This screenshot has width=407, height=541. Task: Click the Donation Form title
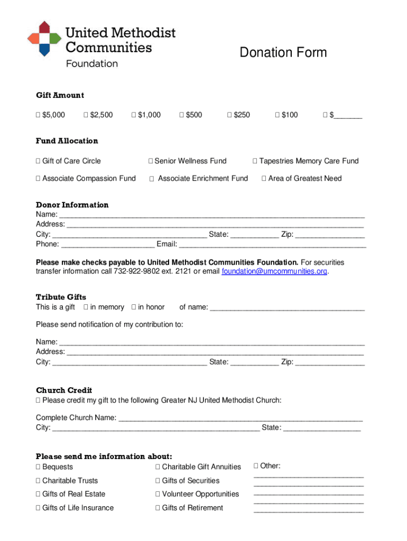tap(283, 52)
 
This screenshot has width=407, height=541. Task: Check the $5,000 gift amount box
tap(38, 115)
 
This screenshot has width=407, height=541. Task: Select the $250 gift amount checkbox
tap(229, 115)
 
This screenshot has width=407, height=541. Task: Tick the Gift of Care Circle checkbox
tap(38, 161)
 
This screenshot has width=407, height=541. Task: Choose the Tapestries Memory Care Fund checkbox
tap(255, 161)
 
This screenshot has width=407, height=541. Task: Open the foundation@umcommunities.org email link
tap(274, 272)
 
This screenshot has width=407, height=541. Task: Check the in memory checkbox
tap(86, 307)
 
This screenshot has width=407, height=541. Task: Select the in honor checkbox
tap(134, 307)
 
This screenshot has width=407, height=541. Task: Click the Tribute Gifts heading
tap(61, 297)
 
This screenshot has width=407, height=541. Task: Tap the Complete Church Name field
tap(240, 417)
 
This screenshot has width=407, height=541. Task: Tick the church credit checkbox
tap(38, 400)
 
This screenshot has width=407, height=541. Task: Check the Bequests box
tap(38, 467)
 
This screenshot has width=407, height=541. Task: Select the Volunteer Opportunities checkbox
tap(158, 495)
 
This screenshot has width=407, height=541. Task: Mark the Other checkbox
tap(256, 466)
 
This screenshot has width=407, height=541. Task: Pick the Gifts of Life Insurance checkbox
tap(38, 508)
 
